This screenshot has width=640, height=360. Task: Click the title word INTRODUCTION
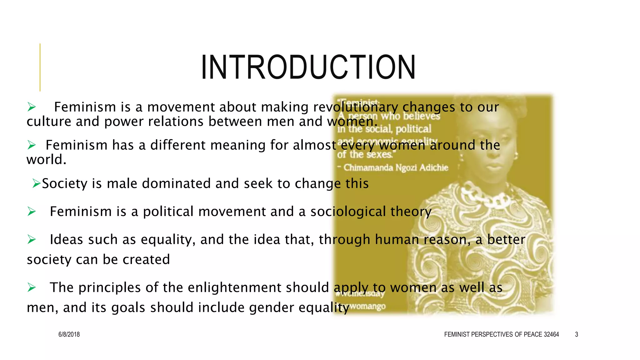[x=308, y=67]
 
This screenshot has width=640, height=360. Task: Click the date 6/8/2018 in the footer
[x=69, y=334]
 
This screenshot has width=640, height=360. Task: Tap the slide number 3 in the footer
[x=577, y=334]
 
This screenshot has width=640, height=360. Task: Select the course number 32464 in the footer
[x=551, y=334]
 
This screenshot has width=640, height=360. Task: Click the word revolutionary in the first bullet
[x=356, y=107]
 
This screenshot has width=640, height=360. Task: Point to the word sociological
[x=348, y=212]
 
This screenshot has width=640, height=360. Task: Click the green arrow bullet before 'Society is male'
[x=36, y=183]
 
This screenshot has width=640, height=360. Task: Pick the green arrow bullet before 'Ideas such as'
[x=32, y=240]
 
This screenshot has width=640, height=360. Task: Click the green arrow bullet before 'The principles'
[x=32, y=287]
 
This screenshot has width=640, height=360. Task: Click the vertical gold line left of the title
[x=40, y=67]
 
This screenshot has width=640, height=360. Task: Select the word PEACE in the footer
[x=533, y=334]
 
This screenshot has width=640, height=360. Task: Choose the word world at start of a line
[x=46, y=160]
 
